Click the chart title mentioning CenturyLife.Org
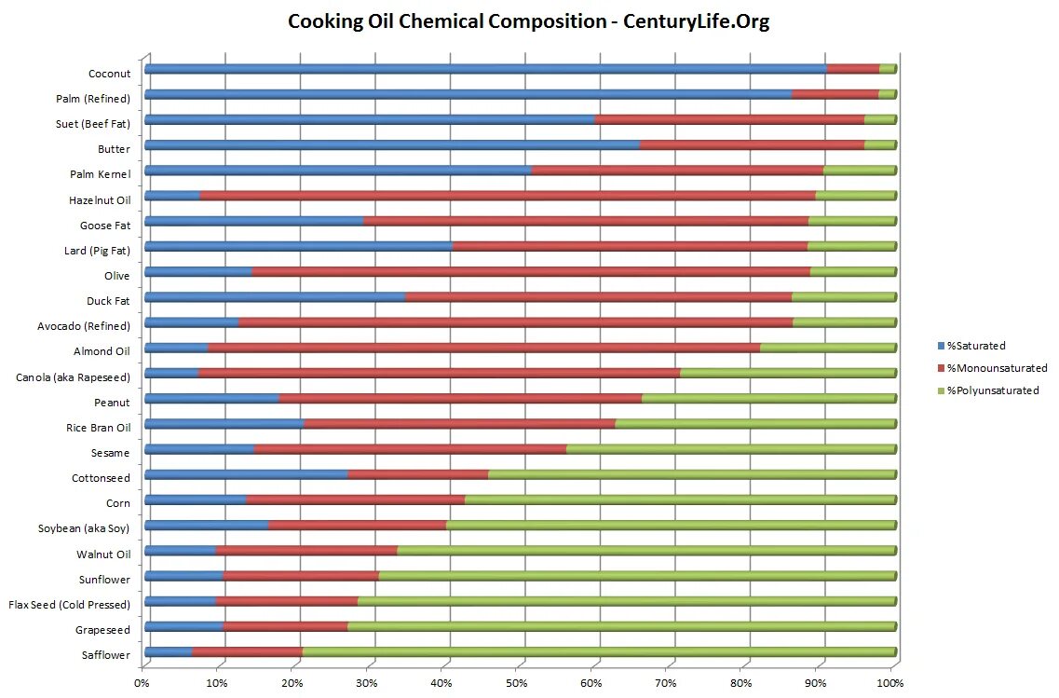point(528,21)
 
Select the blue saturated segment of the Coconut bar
point(484,69)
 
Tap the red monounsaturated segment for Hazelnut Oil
point(508,196)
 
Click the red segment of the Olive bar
point(531,271)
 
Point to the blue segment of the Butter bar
point(391,144)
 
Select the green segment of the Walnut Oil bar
point(647,551)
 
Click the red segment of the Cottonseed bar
point(417,474)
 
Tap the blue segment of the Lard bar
point(298,246)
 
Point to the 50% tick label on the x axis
point(516,684)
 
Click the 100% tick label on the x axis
point(889,684)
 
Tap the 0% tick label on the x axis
point(142,684)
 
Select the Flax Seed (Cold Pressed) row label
point(69,605)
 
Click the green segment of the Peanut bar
point(768,399)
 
